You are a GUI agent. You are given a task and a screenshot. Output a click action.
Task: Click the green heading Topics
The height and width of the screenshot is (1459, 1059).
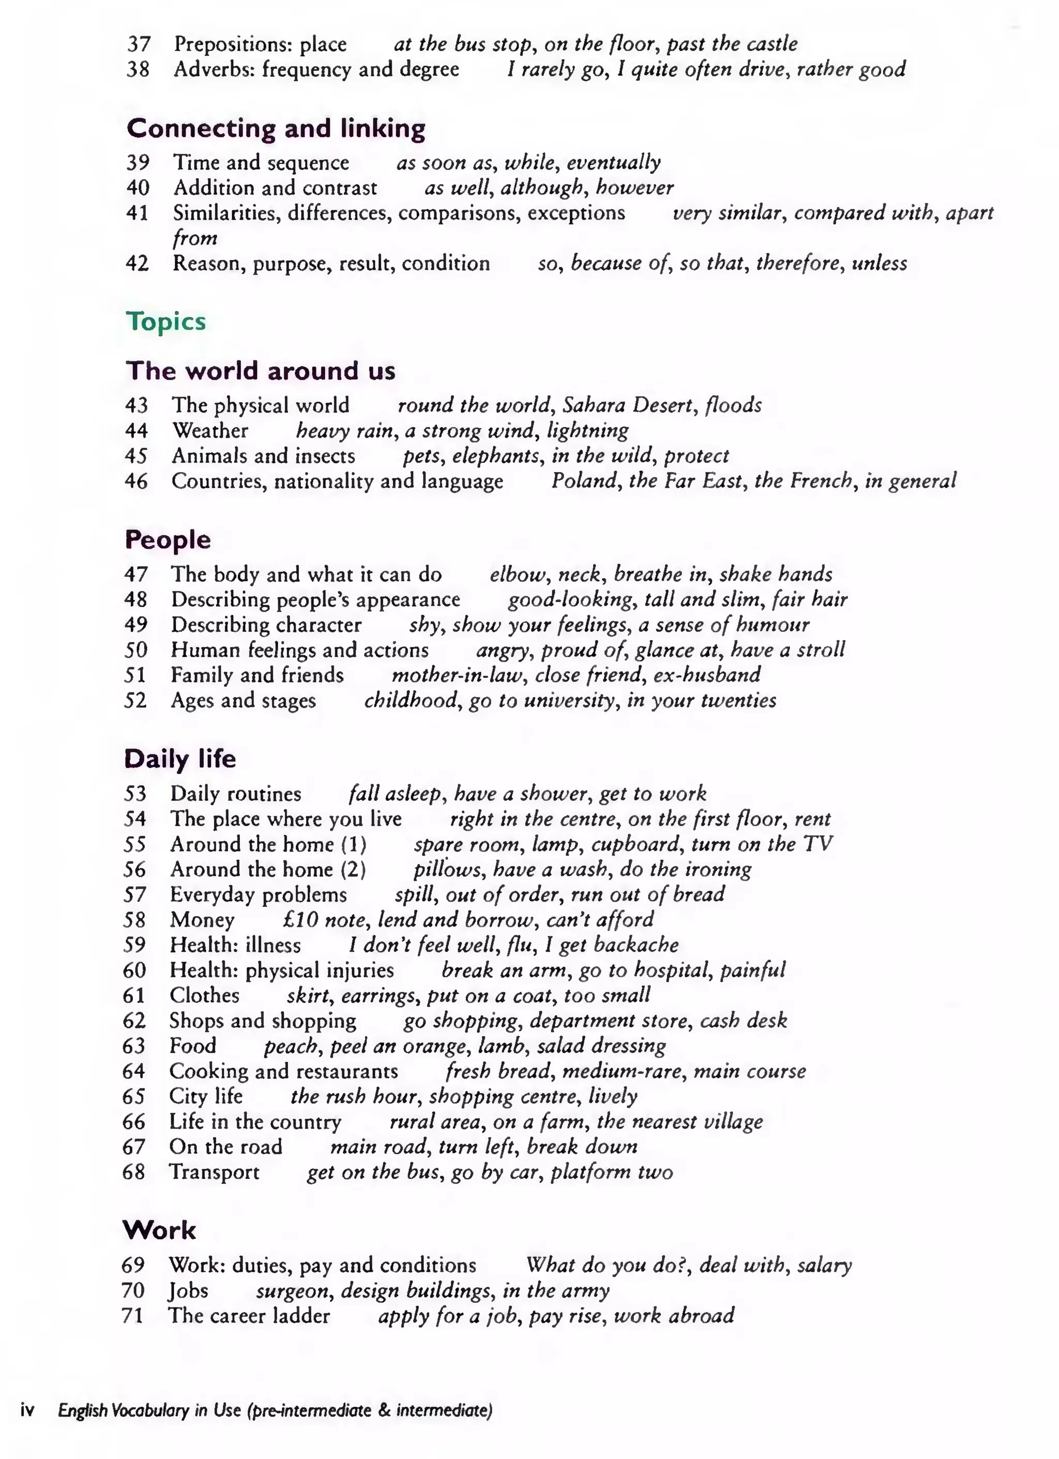point(166,321)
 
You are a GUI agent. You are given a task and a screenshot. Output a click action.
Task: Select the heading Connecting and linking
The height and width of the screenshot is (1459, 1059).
point(276,128)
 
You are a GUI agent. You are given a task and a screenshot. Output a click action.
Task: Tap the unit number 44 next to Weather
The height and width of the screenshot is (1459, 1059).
point(137,430)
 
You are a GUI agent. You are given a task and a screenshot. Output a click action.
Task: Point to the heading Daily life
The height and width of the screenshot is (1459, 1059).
point(179,758)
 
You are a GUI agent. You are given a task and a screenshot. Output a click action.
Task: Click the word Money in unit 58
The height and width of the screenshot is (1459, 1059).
point(202,919)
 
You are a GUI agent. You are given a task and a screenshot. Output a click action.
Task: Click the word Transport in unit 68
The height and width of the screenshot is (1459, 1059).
point(214,1172)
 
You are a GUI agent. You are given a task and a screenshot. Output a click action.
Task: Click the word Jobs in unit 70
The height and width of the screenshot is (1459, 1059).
point(189,1290)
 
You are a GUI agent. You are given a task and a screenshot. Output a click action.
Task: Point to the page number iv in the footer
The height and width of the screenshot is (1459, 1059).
point(27,1411)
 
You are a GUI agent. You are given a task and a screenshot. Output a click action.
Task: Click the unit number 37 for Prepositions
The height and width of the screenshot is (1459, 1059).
point(139,44)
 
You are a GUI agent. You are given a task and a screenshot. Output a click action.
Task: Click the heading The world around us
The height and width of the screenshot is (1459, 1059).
point(261,371)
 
